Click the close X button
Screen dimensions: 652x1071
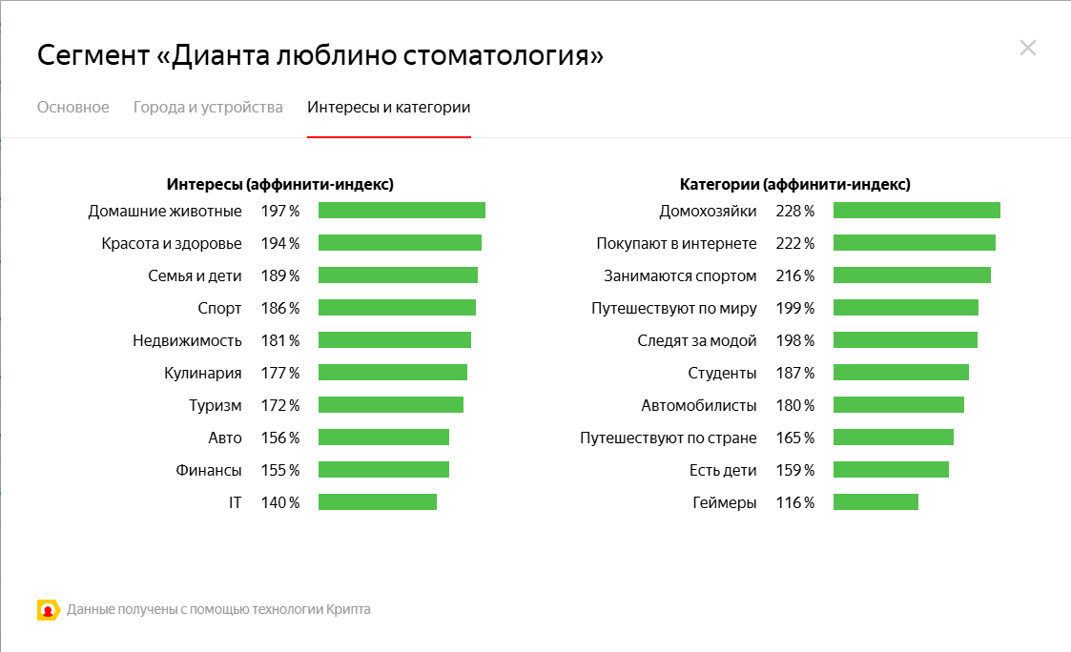click(1027, 48)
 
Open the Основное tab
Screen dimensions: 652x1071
click(73, 107)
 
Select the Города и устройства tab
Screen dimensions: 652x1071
click(208, 107)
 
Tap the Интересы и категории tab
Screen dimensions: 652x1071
click(388, 107)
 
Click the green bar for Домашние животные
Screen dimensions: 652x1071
click(402, 211)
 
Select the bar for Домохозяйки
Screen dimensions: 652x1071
click(917, 211)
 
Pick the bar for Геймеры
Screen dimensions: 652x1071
click(875, 502)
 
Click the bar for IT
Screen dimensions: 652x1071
click(377, 502)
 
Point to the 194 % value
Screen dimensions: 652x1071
click(280, 243)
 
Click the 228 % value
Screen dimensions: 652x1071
click(795, 211)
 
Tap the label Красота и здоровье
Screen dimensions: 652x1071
click(172, 243)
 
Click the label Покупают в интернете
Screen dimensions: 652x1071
click(676, 243)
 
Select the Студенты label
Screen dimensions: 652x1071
click(722, 373)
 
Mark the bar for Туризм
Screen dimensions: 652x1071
click(390, 405)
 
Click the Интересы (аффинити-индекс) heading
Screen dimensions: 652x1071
click(279, 184)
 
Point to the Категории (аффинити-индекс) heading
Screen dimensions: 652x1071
click(794, 184)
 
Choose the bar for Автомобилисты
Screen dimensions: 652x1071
click(898, 405)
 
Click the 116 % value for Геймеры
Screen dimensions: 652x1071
click(795, 502)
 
